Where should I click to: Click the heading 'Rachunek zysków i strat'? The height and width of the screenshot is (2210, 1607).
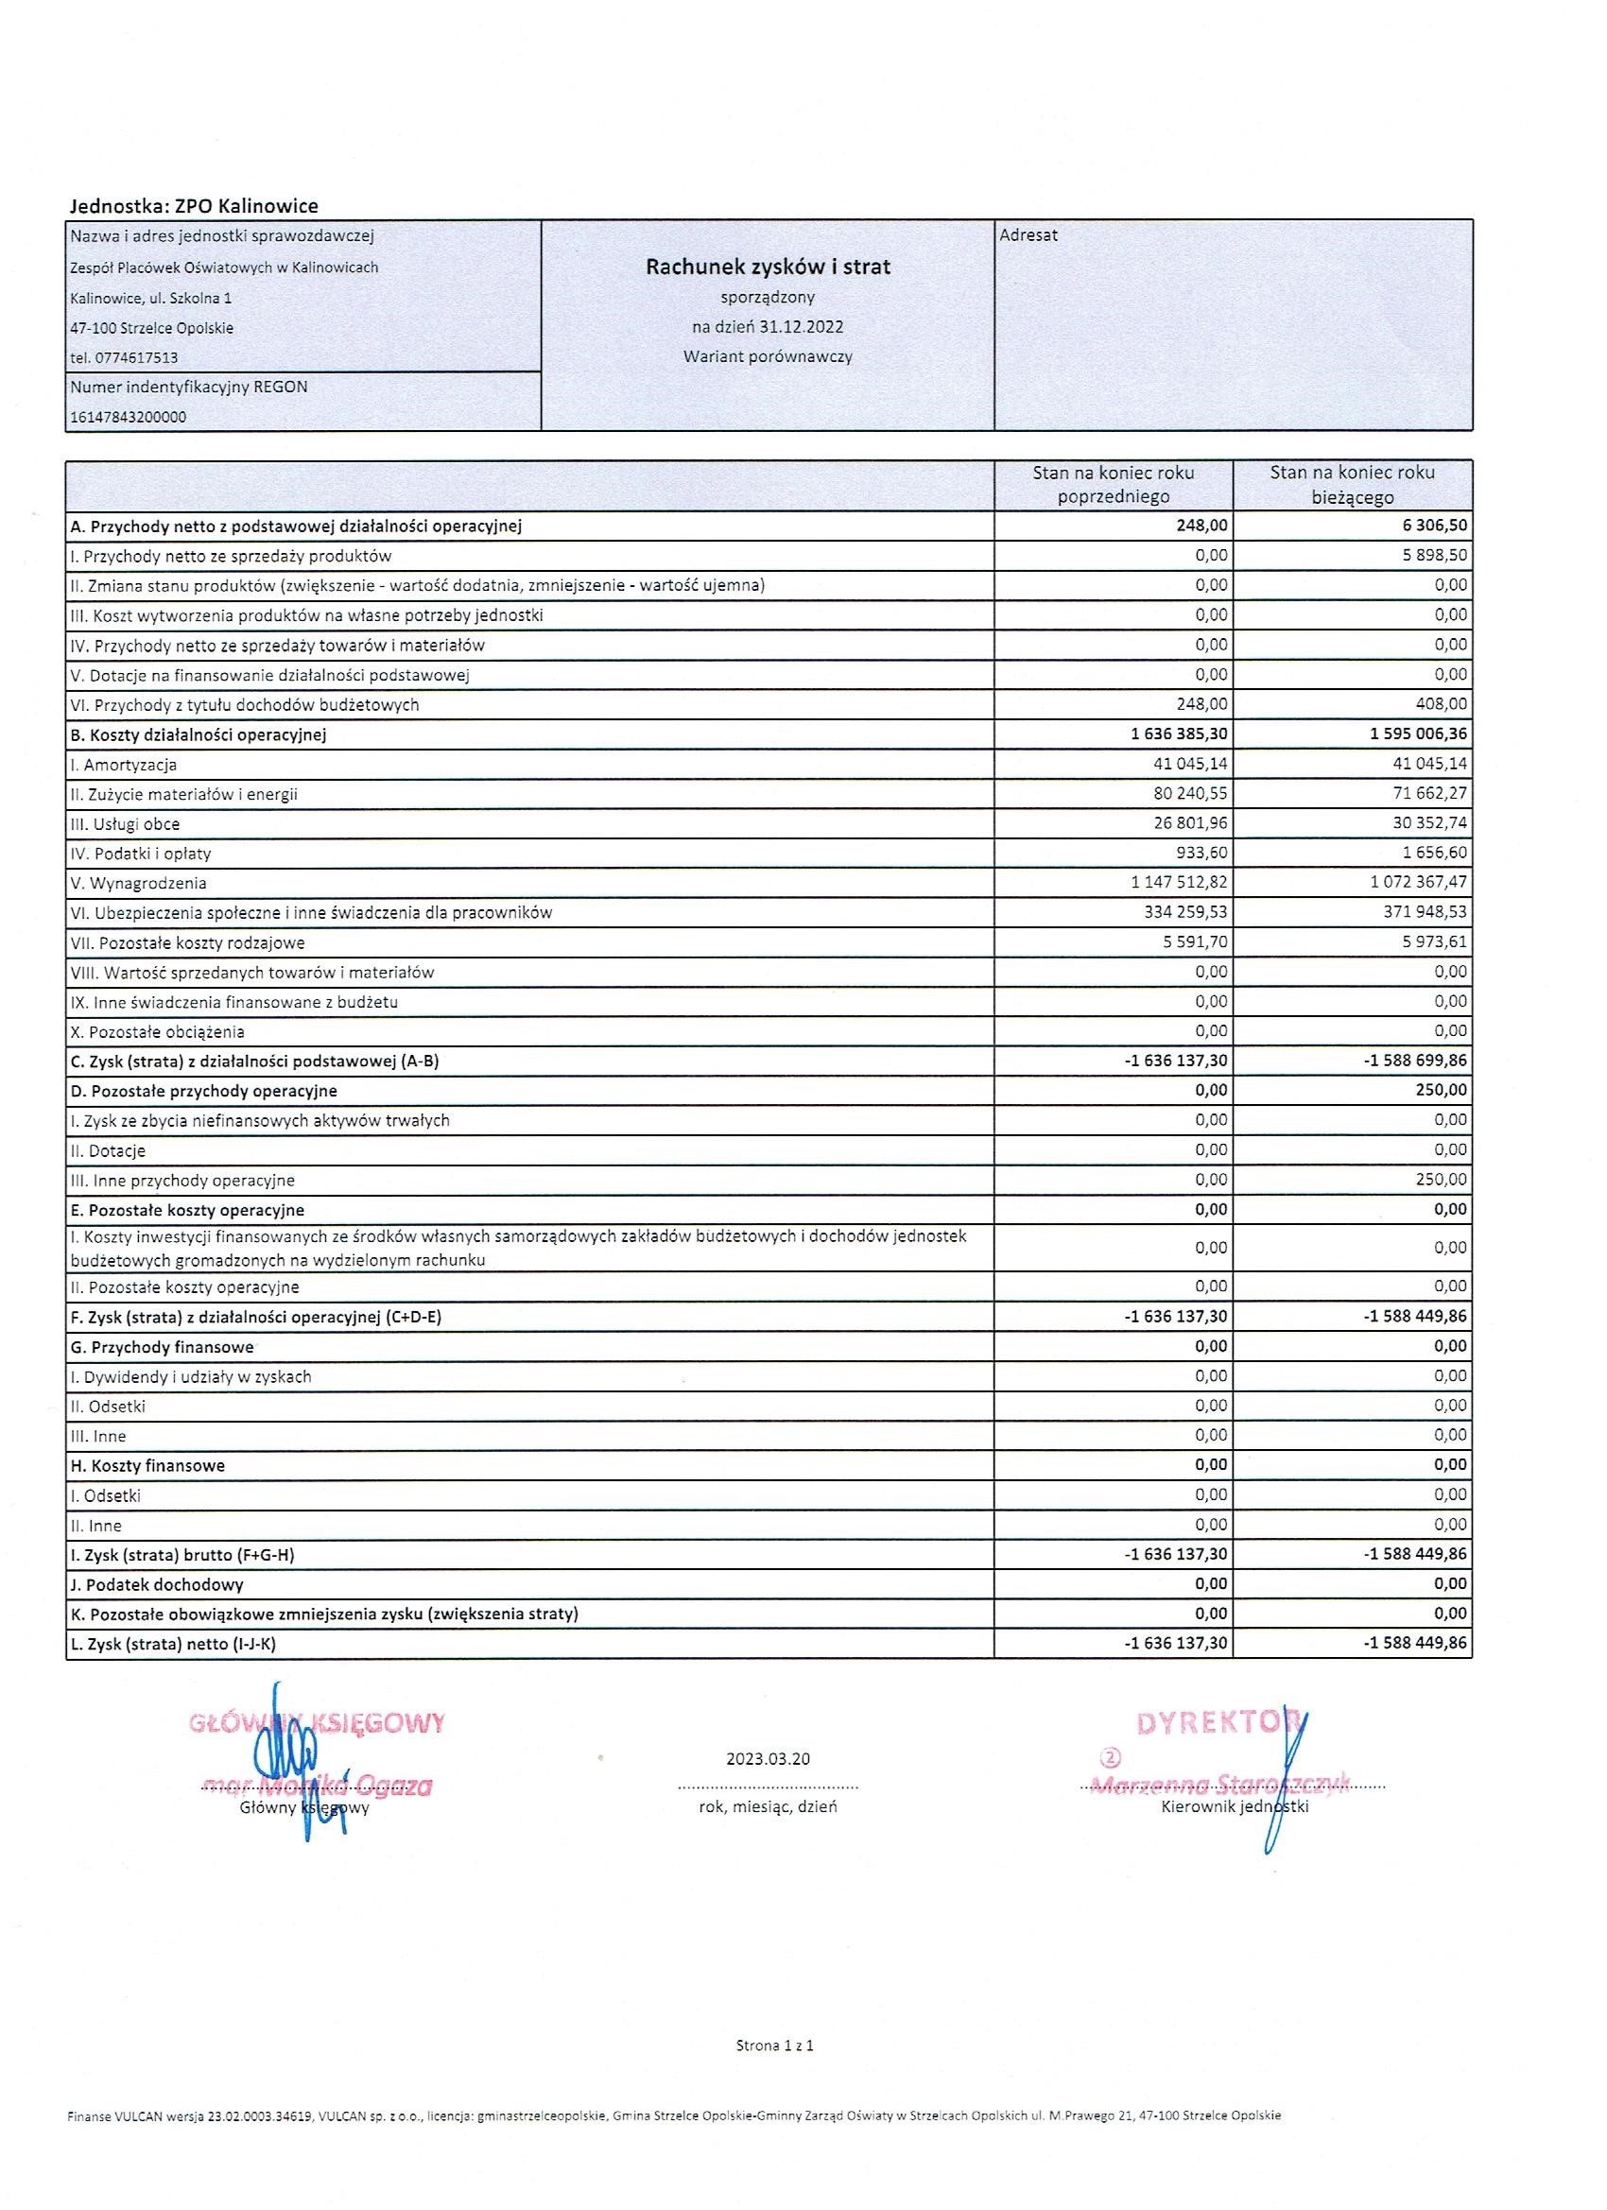pyautogui.click(x=768, y=266)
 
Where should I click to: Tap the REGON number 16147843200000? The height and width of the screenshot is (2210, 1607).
pyautogui.click(x=128, y=417)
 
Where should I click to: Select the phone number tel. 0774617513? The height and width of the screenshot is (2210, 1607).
pyautogui.click(x=124, y=357)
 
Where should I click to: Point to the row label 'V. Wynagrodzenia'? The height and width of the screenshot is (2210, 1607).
pyautogui.click(x=138, y=884)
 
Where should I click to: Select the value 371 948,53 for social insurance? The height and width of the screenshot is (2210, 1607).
pyautogui.click(x=1421, y=912)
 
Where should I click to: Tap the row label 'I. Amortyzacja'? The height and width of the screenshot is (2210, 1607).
pyautogui.click(x=124, y=765)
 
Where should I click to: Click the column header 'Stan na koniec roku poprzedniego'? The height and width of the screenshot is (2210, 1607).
pyautogui.click(x=1113, y=484)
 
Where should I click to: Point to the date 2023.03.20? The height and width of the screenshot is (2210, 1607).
pyautogui.click(x=768, y=1759)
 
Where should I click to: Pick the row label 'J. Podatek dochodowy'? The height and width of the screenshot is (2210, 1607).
pyautogui.click(x=157, y=1584)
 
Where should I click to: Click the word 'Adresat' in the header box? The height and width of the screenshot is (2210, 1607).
pyautogui.click(x=1028, y=234)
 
